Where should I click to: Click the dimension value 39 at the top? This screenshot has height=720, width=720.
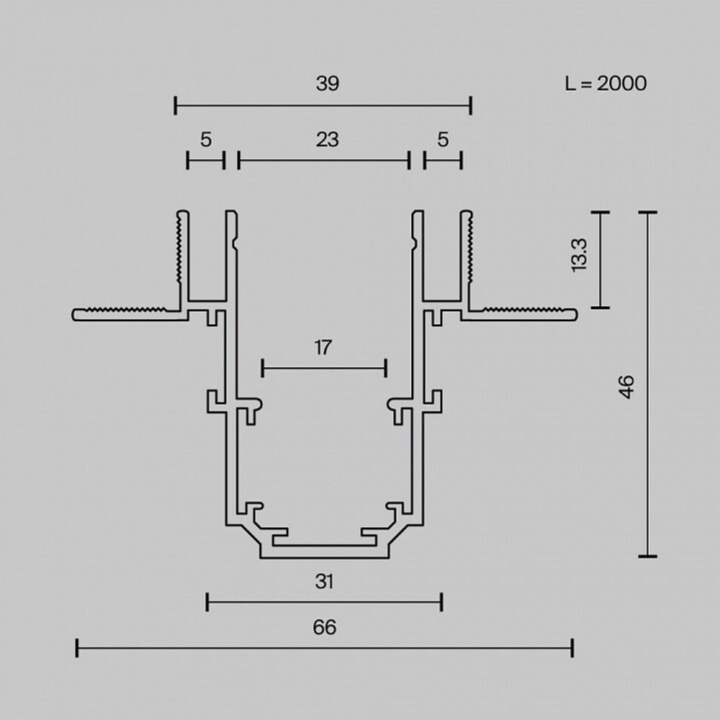click(327, 84)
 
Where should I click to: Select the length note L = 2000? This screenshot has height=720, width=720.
click(606, 84)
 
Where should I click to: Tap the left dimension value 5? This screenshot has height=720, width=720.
click(206, 139)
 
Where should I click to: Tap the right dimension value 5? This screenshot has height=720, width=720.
click(443, 139)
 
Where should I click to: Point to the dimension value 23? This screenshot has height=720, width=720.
click(327, 139)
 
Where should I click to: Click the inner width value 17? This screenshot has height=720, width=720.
click(323, 348)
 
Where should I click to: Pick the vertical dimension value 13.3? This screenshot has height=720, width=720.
click(580, 254)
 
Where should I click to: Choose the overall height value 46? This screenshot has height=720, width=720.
click(627, 387)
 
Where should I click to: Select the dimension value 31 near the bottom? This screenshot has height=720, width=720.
click(325, 581)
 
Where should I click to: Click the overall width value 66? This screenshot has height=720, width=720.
click(325, 627)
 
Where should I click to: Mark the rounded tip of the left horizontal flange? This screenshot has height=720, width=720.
click(76, 315)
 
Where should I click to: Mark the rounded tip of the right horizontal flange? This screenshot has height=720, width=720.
click(575, 313)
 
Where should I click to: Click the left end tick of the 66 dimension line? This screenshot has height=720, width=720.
click(77, 647)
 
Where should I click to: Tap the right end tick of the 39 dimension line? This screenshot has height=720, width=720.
click(470, 106)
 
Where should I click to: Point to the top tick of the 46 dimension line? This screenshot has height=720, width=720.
click(647, 213)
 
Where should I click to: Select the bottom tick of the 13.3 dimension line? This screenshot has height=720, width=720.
click(599, 307)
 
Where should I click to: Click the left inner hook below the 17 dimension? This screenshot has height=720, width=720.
click(253, 410)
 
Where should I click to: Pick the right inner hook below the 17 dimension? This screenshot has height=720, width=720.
click(396, 410)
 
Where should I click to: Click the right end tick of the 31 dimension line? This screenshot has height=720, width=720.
click(441, 602)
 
